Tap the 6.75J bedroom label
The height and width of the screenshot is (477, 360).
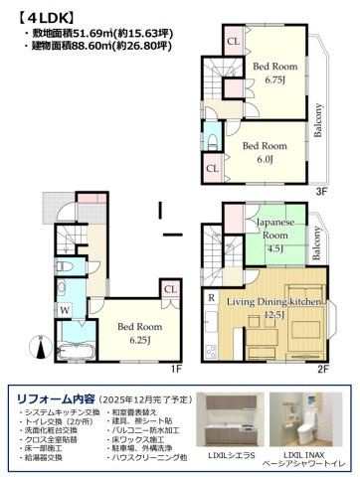tap(270, 74)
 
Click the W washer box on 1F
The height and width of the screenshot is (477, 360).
tap(63, 309)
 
